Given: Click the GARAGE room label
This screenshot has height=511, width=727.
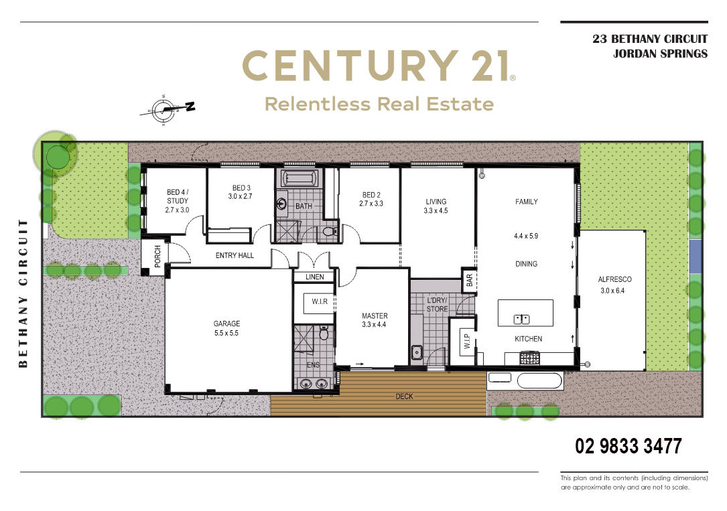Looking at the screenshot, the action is tap(226, 323).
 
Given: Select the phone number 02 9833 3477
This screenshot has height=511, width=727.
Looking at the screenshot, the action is tap(629, 446).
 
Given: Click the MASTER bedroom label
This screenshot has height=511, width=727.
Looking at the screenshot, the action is tap(375, 316).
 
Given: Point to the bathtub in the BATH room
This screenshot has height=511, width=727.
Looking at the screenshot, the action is tap(300, 178).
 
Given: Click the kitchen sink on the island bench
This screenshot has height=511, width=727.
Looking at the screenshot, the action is tap(521, 319).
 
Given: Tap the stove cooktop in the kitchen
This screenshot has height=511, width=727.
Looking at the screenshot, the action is tap(529, 358).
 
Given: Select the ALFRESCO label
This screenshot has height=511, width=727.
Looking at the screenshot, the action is tap(615, 279).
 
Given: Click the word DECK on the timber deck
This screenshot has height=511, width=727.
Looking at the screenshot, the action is tap(404, 396).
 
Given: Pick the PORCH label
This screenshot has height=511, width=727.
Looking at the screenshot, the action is tap(157, 257).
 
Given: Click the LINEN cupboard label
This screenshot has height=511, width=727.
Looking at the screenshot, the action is tap(315, 277).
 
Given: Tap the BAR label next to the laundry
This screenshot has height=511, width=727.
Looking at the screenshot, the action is tap(469, 280).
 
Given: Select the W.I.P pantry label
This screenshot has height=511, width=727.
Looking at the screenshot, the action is tap(467, 342).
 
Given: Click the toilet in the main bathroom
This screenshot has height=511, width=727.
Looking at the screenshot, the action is tap(330, 230).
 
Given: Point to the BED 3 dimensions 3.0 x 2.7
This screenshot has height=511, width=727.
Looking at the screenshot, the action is tap(240, 196).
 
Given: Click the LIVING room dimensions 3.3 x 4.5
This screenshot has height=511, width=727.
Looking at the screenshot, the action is tap(436, 211).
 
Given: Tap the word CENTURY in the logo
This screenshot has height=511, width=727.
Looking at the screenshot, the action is tap(350, 66).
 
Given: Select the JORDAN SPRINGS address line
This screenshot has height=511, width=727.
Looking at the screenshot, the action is tap(660, 54).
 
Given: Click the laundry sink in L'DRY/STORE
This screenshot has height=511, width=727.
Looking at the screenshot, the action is tap(417, 352).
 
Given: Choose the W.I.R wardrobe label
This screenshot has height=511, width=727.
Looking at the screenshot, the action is tap(320, 301).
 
